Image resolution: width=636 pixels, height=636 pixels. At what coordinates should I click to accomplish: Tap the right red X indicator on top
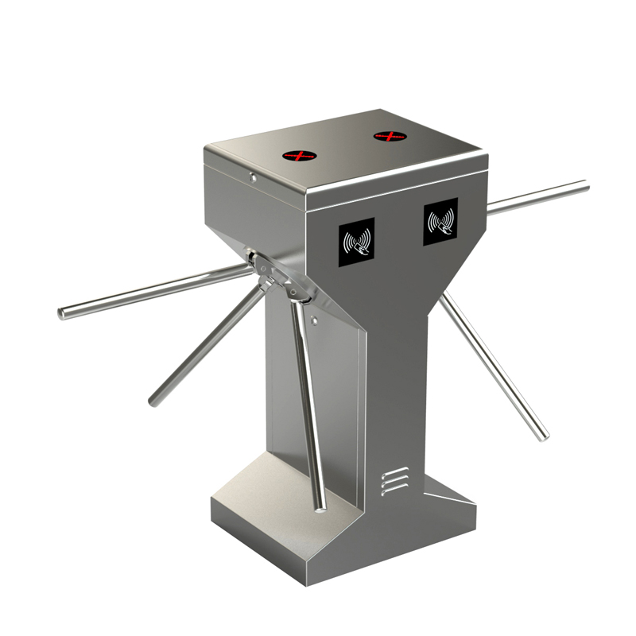390,137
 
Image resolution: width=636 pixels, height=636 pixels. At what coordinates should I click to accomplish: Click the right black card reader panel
440,221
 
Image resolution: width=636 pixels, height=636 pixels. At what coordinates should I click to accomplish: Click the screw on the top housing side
252,178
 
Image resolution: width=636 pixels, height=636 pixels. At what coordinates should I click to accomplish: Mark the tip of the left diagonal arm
153,401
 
